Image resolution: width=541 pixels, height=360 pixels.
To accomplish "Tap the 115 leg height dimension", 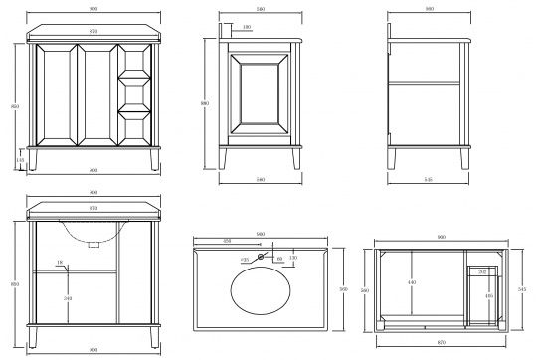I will coord(20,160).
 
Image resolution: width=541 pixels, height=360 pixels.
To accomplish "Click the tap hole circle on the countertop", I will coord(262,258).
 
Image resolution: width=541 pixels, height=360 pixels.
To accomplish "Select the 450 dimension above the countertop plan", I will coord(228,241).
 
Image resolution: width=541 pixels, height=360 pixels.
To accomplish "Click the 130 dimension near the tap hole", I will coord(293,259).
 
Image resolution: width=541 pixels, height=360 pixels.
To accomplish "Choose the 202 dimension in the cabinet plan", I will coord(482,271).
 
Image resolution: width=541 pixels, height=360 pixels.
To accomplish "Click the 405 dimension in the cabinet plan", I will coord(489,295).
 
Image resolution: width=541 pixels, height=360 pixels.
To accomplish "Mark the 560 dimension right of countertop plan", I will coord(342,288).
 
